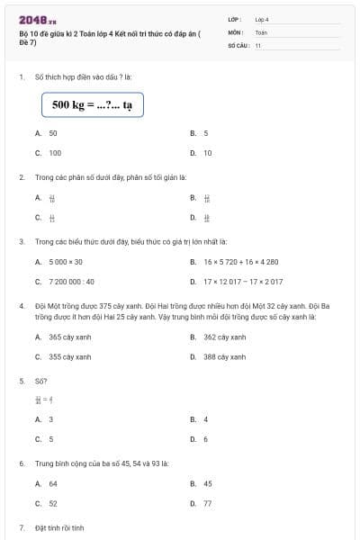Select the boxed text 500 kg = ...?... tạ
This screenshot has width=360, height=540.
tap(92, 105)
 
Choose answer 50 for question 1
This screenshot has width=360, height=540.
tap(53, 133)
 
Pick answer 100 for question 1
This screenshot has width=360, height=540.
tap(55, 153)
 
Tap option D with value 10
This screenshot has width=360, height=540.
tap(207, 153)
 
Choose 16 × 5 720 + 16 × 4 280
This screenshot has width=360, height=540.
tap(240, 262)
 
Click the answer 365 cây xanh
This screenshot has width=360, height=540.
tap(69, 337)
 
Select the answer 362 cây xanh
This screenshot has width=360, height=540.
tap(224, 337)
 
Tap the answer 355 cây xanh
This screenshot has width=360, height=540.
tap(69, 357)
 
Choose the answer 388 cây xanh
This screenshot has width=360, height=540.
tap(224, 357)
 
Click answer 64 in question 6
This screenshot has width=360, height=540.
tap(53, 483)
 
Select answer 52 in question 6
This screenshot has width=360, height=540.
tap(53, 503)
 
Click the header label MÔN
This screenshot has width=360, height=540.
tap(235, 31)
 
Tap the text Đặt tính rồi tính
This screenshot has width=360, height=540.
tap(59, 526)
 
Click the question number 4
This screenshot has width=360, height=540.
tap(22, 306)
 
